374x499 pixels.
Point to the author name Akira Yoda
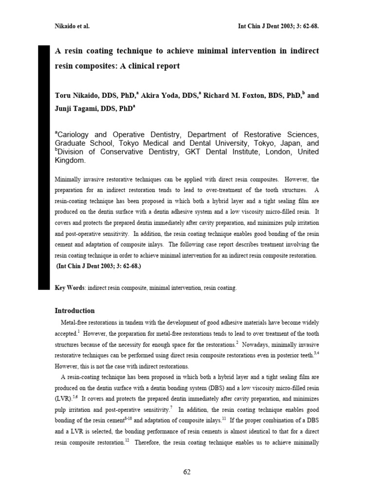click(158, 96)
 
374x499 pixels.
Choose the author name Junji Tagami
click(77, 110)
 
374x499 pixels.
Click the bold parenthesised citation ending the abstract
click(99, 266)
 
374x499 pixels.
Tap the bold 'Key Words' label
click(70, 288)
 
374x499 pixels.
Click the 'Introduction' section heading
click(75, 310)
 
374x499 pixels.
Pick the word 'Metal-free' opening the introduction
click(75, 323)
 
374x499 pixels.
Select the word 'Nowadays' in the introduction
click(256, 344)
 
